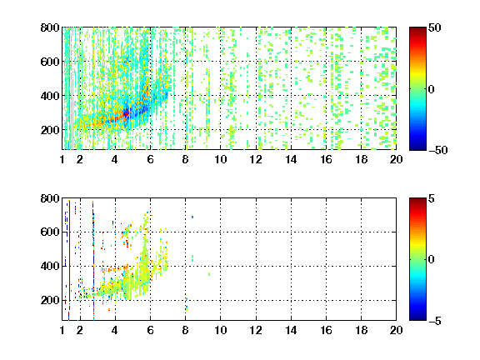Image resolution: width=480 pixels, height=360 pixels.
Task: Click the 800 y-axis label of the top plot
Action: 50,27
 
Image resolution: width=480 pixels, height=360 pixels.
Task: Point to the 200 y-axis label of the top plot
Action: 50,130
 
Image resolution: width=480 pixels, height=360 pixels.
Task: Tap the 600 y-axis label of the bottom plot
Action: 50,232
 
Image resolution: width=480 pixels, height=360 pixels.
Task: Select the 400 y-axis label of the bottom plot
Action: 50,266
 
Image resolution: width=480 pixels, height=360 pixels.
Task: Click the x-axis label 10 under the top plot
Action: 220,159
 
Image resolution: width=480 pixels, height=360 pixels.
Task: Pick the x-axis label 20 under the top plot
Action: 396,159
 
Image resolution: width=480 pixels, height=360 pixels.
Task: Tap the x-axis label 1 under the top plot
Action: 62,159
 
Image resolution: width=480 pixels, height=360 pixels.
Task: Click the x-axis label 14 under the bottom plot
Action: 291,330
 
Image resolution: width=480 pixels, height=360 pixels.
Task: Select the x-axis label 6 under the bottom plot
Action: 150,330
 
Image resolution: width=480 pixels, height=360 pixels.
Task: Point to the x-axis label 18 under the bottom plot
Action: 361,330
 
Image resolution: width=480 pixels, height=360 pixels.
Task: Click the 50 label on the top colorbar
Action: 434,27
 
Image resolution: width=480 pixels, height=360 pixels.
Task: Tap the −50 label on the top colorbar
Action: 437,150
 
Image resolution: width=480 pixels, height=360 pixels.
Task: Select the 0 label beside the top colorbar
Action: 431,89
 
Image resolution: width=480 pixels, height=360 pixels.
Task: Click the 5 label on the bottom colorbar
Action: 432,198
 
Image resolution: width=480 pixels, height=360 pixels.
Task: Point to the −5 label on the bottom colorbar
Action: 434,321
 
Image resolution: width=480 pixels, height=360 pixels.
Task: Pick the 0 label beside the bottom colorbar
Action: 431,260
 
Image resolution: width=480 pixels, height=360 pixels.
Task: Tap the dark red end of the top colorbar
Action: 417,30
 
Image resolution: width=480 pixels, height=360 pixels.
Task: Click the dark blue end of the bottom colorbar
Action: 417,317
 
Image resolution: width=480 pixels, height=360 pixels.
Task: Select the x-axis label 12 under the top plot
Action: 256,159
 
